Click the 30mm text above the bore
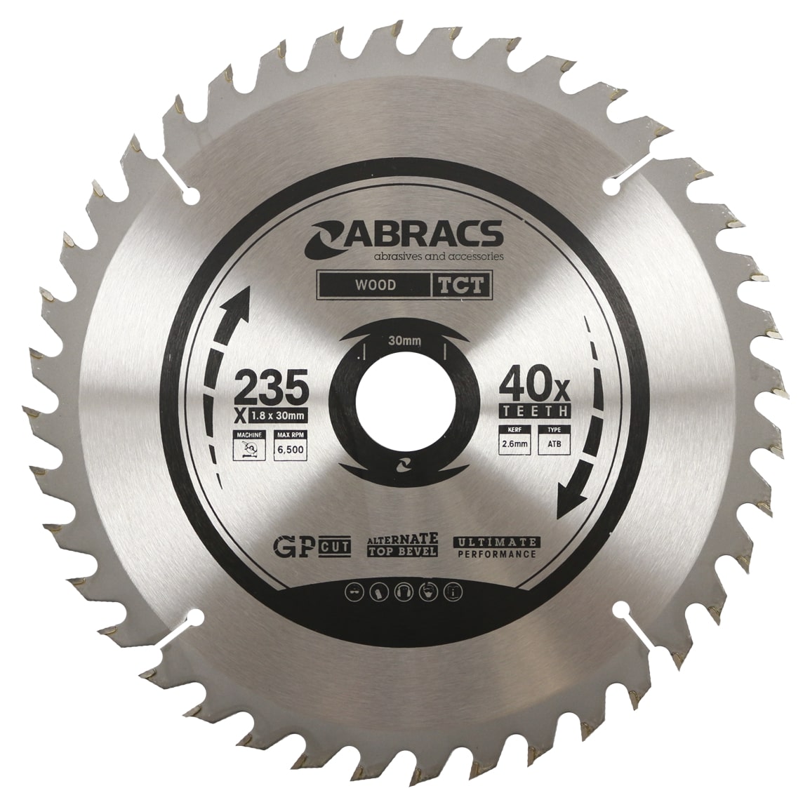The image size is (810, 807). point(404,342)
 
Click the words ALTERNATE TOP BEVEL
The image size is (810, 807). point(403,545)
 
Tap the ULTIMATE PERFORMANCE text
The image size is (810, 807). point(497,547)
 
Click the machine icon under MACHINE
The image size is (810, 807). point(246,451)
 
